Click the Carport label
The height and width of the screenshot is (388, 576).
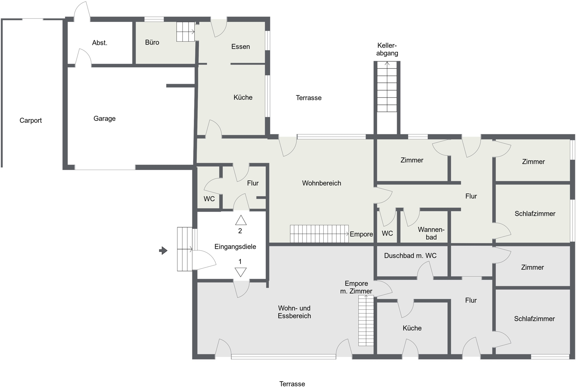pyautogui.click(x=31, y=120)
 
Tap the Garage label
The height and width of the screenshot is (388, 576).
pyautogui.click(x=104, y=119)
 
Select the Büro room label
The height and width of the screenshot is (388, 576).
pyautogui.click(x=152, y=42)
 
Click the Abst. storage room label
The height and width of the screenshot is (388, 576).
pyautogui.click(x=99, y=43)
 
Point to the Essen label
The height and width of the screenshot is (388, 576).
pyautogui.click(x=240, y=46)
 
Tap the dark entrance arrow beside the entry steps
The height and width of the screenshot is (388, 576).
pyautogui.click(x=163, y=251)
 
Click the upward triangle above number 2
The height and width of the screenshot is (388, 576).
pyautogui.click(x=241, y=220)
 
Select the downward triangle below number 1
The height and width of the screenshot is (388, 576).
pyautogui.click(x=241, y=272)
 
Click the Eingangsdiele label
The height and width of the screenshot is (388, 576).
pyautogui.click(x=235, y=247)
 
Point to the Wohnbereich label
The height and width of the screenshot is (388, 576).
pyautogui.click(x=321, y=183)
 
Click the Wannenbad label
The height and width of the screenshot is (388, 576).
pyautogui.click(x=431, y=233)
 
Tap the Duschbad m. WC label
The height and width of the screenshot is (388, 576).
pyautogui.click(x=410, y=256)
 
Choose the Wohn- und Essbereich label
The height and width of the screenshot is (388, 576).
pyautogui.click(x=294, y=312)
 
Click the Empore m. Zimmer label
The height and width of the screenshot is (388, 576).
pyautogui.click(x=356, y=287)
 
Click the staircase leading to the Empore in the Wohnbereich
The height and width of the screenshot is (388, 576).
pyautogui.click(x=319, y=234)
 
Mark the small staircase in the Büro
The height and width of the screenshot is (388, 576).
pyautogui.click(x=185, y=32)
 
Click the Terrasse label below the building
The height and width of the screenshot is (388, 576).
pyautogui.click(x=292, y=384)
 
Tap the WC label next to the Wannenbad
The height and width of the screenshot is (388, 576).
pyautogui.click(x=387, y=233)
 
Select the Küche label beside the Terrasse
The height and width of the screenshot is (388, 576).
pyautogui.click(x=243, y=97)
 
